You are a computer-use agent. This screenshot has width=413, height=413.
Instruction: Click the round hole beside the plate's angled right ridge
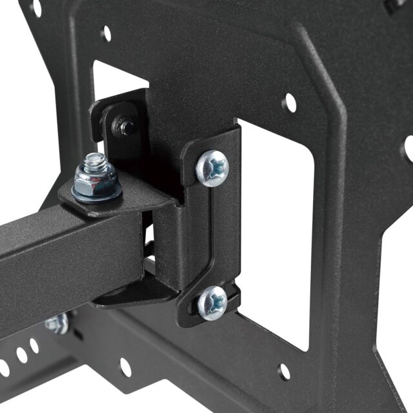point(289,101)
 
